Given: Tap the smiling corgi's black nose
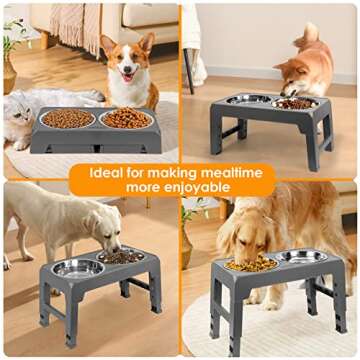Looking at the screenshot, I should pyautogui.click(x=127, y=72).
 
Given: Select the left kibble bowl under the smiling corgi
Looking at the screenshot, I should pyautogui.click(x=67, y=119).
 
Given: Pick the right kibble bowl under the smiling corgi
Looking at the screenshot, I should pyautogui.click(x=125, y=118).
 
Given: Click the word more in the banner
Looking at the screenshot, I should pyautogui.click(x=146, y=187).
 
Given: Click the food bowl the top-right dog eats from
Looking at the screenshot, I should pyautogui.click(x=295, y=102).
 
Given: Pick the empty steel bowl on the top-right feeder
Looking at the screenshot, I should pyautogui.click(x=249, y=100).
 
